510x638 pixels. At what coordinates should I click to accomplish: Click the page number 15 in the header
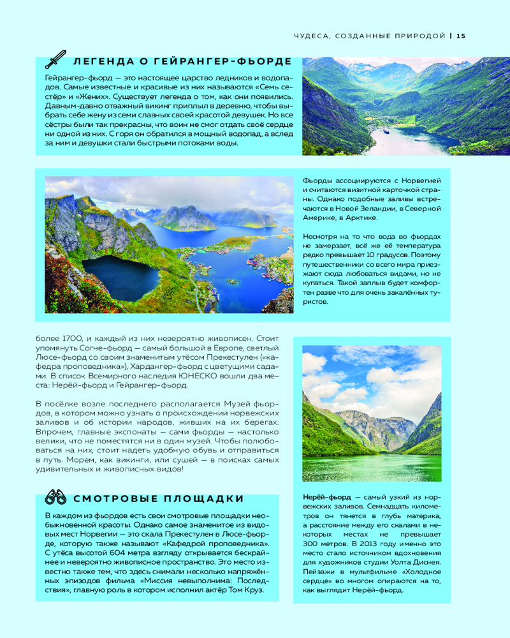pyautogui.click(x=461, y=36)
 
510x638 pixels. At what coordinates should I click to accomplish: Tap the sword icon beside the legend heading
pyautogui.click(x=55, y=60)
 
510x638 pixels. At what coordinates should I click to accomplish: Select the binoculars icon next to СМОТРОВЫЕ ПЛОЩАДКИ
pyautogui.click(x=56, y=497)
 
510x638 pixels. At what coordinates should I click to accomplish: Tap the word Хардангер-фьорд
pyautogui.click(x=167, y=366)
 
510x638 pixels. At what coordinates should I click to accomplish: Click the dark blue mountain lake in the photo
pyautogui.click(x=120, y=276)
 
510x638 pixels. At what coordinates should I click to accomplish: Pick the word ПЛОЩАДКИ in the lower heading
pyautogui.click(x=204, y=498)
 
